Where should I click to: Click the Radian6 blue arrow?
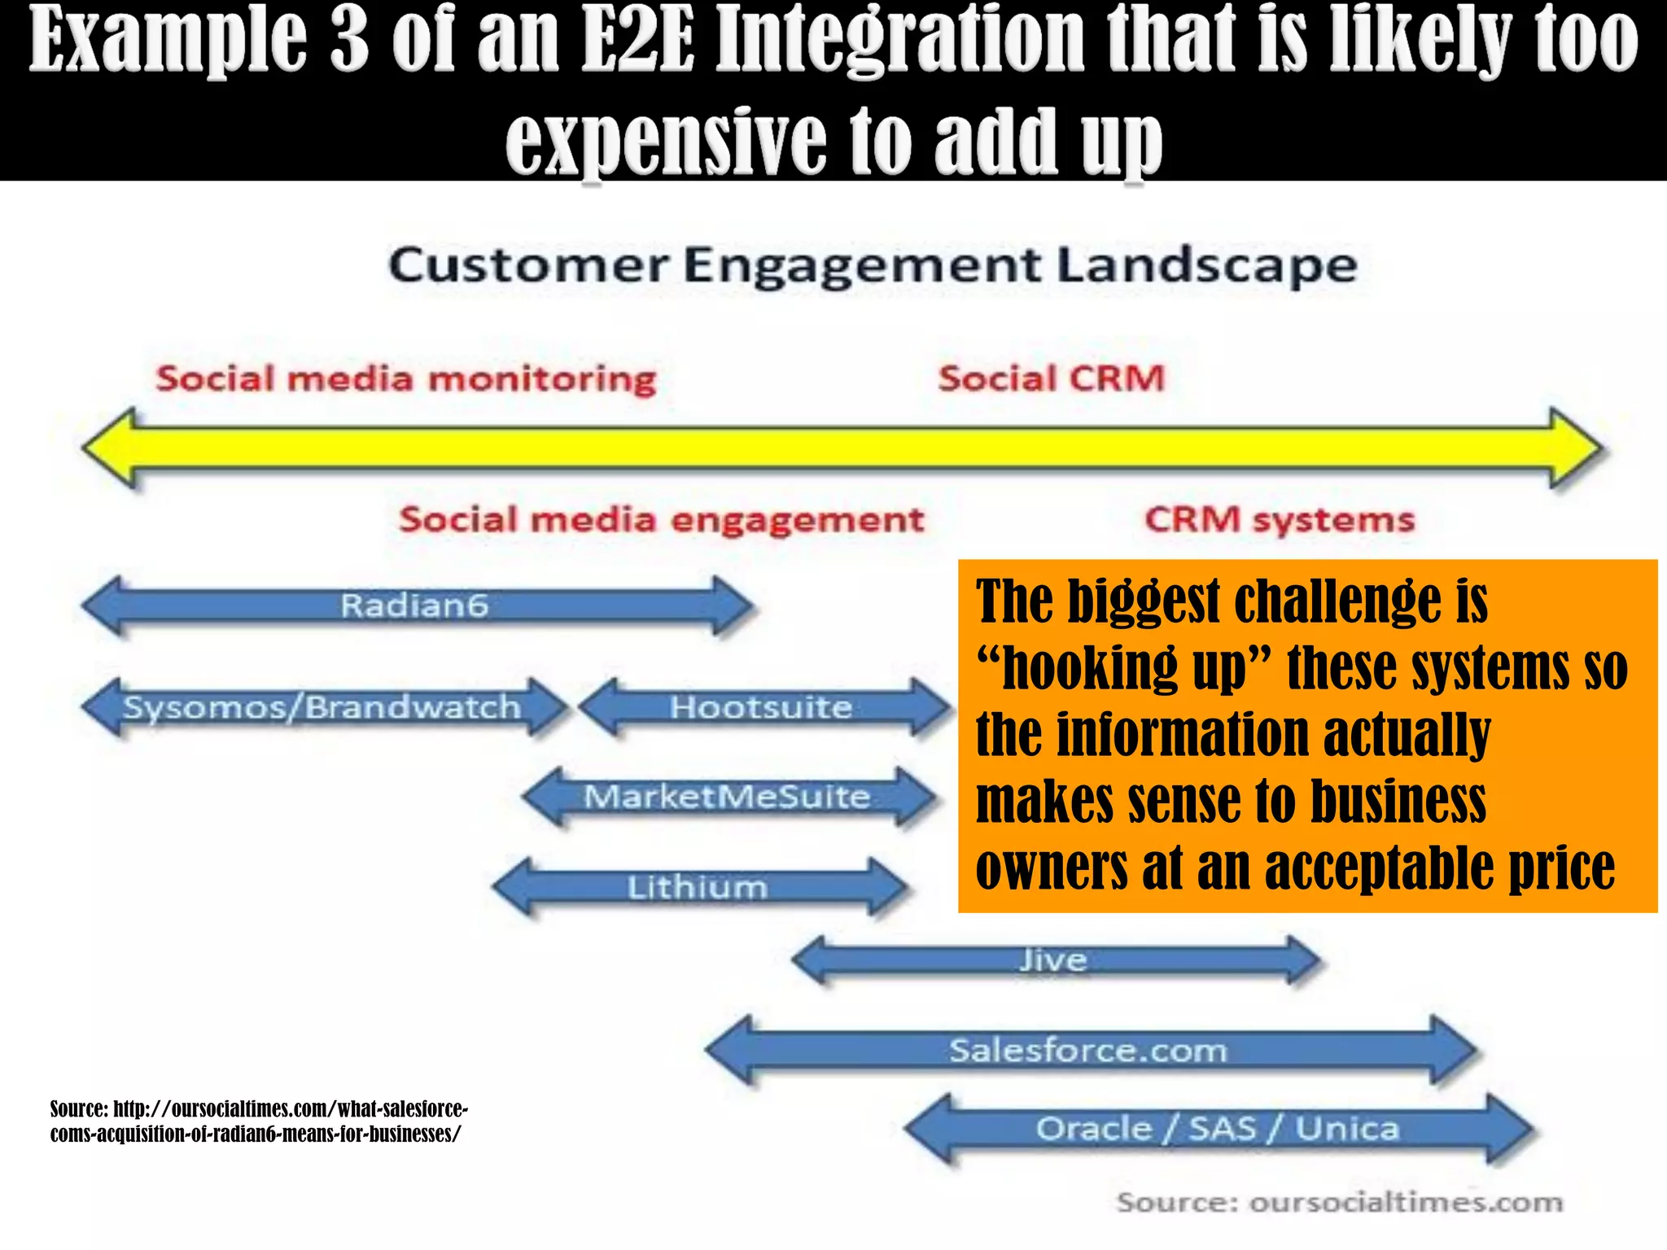(415, 606)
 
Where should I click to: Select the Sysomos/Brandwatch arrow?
(322, 708)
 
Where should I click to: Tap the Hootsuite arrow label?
(761, 708)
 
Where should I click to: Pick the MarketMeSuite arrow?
(727, 797)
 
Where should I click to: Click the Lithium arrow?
(698, 887)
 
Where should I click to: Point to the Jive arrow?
(1054, 961)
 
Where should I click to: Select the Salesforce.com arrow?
(1088, 1051)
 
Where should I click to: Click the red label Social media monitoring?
(406, 379)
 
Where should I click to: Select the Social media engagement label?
(662, 520)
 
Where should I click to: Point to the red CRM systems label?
(1280, 520)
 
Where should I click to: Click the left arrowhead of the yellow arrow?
(110, 448)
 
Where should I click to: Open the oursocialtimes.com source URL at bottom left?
(259, 1121)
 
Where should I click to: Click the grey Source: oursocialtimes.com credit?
(1340, 1202)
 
